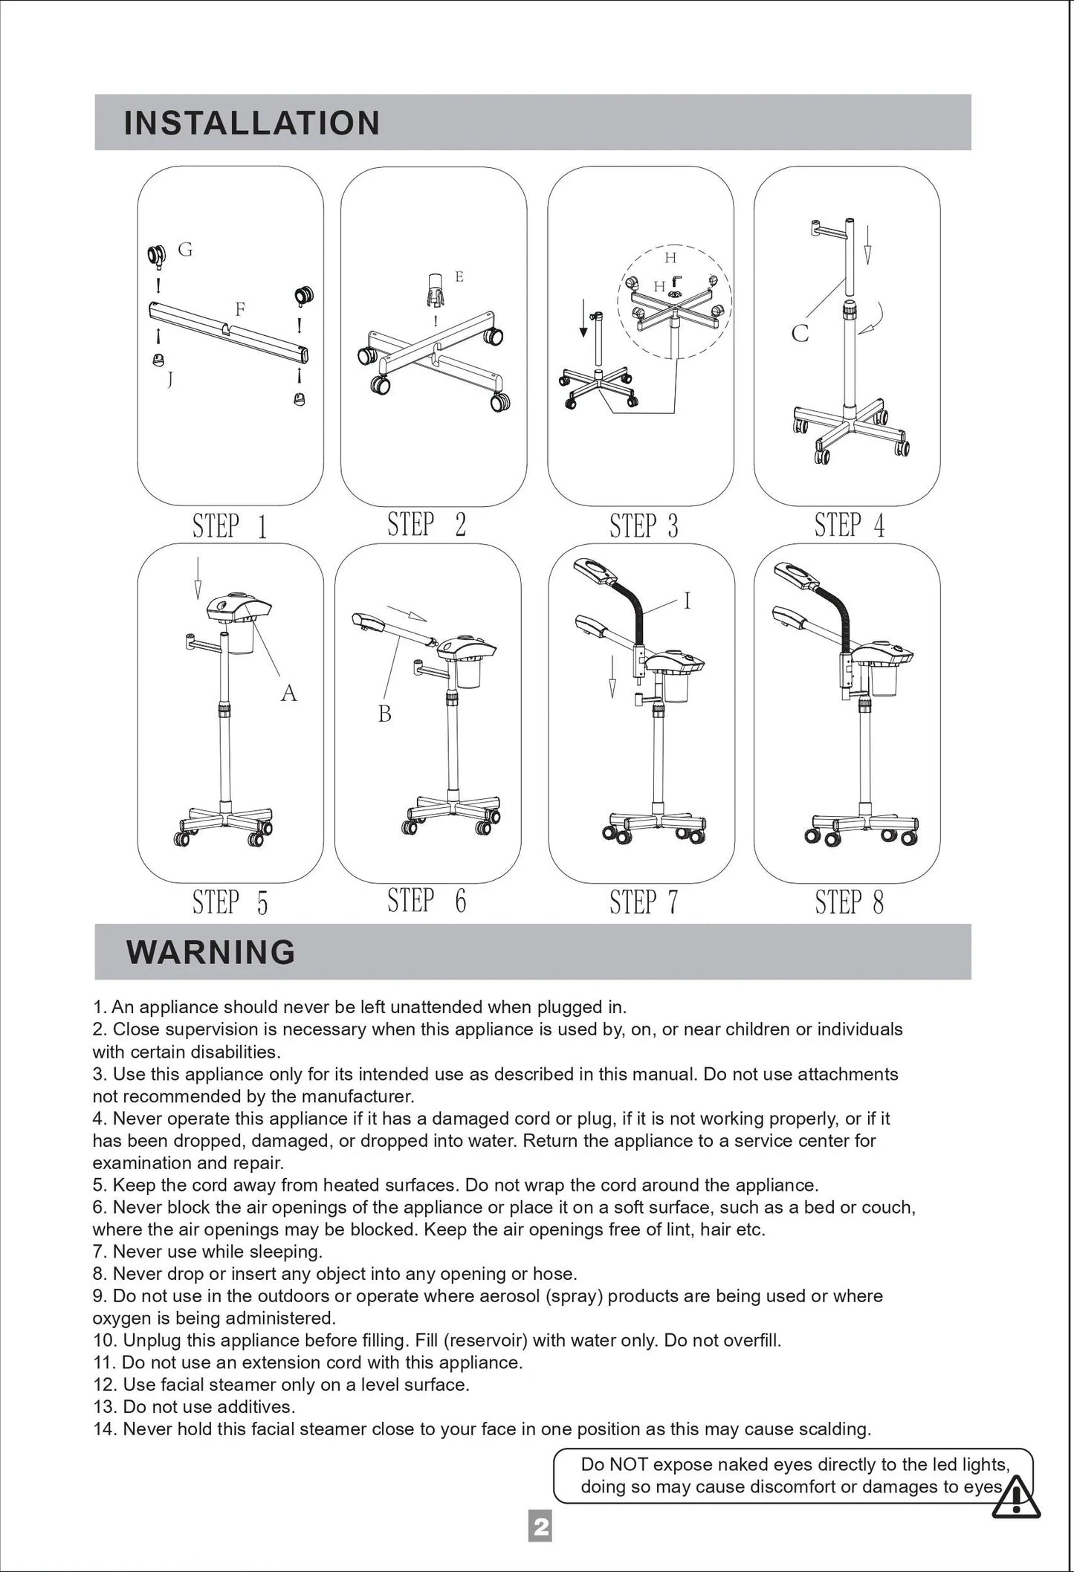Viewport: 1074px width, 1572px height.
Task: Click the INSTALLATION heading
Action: coord(252,123)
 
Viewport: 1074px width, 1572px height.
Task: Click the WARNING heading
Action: coord(211,951)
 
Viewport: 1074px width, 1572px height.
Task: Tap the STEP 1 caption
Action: coord(230,525)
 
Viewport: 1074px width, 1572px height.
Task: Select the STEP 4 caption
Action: coord(850,524)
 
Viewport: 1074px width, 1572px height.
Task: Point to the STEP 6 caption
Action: coord(427,900)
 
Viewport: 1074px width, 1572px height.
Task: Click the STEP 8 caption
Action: coord(850,902)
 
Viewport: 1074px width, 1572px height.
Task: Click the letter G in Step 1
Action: coord(186,250)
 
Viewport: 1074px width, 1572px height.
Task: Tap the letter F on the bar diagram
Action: coord(240,308)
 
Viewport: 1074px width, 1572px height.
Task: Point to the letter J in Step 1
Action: coord(170,379)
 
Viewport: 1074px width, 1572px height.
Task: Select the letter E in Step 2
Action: coord(459,276)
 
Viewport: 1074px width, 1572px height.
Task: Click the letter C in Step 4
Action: coord(800,333)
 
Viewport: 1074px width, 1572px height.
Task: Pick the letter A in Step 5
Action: coord(288,693)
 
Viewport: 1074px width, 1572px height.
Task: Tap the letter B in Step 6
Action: coord(384,714)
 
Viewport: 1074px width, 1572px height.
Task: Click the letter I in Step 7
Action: coord(687,601)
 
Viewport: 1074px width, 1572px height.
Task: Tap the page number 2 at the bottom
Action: coord(540,1527)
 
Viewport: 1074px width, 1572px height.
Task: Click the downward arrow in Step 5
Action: coord(198,578)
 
